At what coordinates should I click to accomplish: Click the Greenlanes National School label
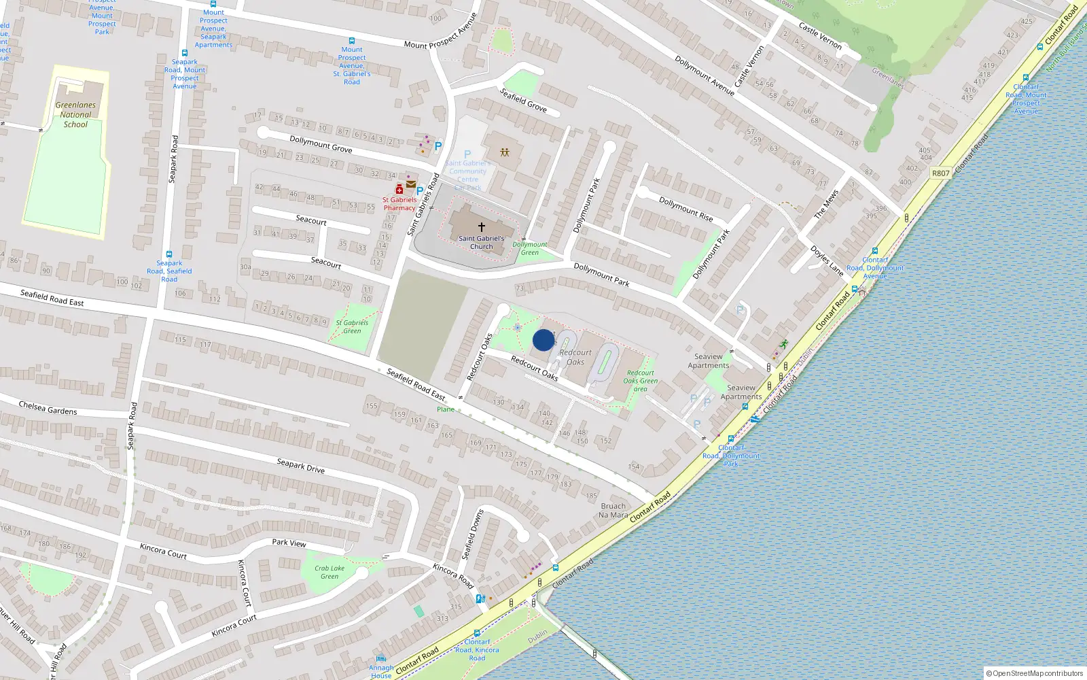[75, 115]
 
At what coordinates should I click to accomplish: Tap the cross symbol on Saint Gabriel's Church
[482, 227]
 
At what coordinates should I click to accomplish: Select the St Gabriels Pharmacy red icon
[399, 190]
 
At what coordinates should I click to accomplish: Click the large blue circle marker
[543, 340]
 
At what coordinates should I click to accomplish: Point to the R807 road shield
[940, 173]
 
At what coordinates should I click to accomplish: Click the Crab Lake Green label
[329, 572]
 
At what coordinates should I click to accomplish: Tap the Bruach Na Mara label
[613, 511]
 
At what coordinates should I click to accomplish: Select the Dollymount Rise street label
[686, 209]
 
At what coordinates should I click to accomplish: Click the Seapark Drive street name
[301, 466]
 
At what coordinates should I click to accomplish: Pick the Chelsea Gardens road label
[48, 408]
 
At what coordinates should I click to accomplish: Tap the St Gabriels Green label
[352, 327]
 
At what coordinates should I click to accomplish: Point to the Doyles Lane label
[827, 260]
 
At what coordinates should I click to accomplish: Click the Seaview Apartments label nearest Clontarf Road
[741, 392]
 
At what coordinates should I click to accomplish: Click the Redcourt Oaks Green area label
[641, 381]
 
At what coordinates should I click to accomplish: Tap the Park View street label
[289, 543]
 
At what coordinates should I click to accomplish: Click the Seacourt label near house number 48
[311, 220]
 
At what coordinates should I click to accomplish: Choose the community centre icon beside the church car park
[504, 152]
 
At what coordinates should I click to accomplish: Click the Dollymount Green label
[530, 248]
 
